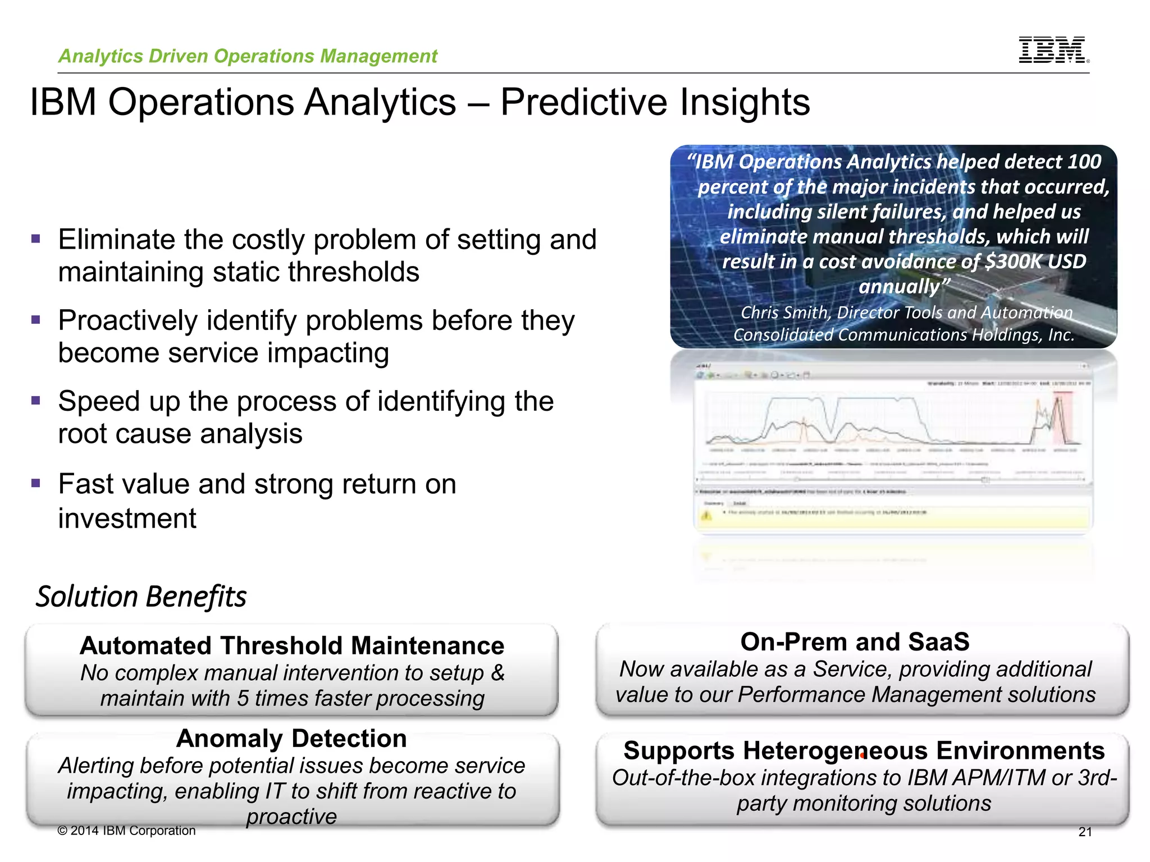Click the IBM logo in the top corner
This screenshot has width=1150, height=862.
1053,50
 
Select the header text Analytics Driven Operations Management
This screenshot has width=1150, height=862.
248,56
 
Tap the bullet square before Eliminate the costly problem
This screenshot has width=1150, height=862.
36,239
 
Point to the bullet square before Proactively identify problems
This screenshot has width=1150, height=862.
36,320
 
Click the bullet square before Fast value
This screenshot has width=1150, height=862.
36,483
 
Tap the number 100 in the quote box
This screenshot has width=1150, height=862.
1084,162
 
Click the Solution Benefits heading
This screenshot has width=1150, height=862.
142,596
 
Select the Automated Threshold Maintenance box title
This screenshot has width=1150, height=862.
292,645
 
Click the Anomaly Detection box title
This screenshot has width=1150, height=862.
291,739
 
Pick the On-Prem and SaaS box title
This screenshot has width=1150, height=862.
855,642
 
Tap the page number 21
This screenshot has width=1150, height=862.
1085,832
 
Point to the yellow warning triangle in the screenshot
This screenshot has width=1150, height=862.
706,515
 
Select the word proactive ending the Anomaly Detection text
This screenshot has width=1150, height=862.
291,817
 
